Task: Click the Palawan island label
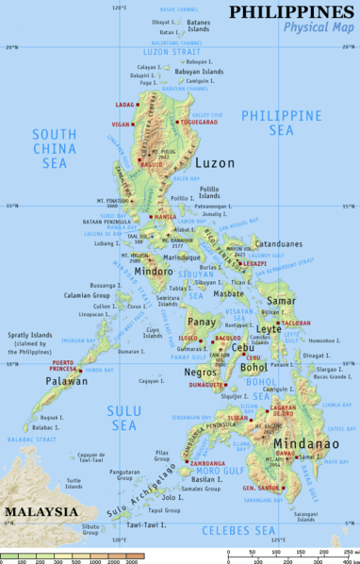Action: pyautogui.click(x=68, y=382)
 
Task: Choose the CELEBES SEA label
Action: pyautogui.click(x=247, y=530)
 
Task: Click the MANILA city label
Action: pyautogui.click(x=165, y=216)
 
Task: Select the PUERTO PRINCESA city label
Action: pyautogui.click(x=50, y=366)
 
